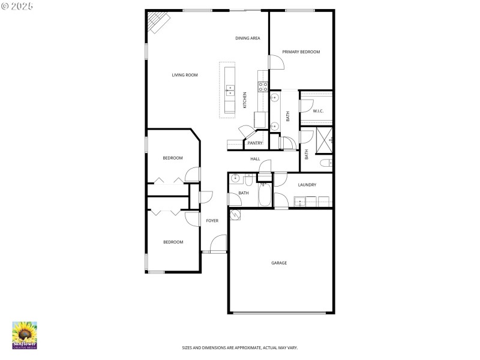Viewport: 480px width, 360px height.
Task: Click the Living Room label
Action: pos(185,75)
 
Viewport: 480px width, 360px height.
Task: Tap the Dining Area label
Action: pos(247,38)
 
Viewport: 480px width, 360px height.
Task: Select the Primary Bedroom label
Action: pos(301,52)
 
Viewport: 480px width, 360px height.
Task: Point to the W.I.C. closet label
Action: pos(318,111)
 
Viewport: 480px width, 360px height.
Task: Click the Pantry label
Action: pos(255,143)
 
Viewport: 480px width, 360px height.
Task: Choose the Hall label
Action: pos(255,159)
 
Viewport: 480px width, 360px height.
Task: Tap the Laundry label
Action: pos(307,185)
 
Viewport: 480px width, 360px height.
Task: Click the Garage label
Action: pos(279,263)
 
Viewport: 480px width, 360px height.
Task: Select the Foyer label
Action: pos(212,221)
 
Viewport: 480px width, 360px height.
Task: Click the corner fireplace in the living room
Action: pos(158,23)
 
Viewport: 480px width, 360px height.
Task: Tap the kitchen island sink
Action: pos(230,91)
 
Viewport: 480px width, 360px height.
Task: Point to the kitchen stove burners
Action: pos(262,86)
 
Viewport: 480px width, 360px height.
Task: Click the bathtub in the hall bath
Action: pos(265,194)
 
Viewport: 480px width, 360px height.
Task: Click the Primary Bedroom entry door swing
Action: pos(275,62)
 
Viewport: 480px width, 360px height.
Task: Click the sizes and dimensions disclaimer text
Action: pos(240,347)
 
